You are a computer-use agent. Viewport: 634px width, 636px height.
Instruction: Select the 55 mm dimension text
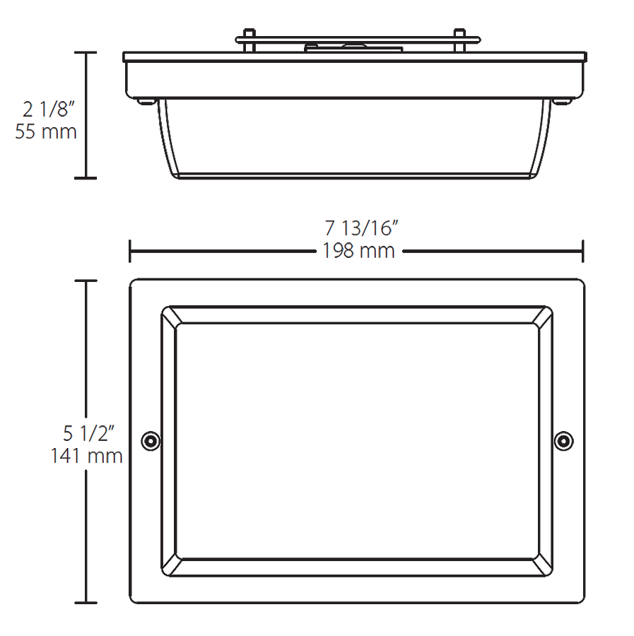[46, 132]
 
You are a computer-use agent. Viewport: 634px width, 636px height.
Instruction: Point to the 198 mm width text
[358, 251]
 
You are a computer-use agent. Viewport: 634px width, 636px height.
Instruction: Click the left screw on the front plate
[149, 441]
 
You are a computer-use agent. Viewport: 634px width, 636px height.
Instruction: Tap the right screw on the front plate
[563, 441]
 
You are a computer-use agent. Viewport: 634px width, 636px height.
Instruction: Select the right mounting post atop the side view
[459, 40]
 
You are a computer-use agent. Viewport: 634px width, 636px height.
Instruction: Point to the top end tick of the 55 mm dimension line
[86, 53]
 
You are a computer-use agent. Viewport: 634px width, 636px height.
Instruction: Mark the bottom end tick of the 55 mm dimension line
[86, 178]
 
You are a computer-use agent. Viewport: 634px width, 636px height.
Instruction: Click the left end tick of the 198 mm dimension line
[130, 251]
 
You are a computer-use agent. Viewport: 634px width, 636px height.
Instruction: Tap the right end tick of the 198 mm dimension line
[582, 251]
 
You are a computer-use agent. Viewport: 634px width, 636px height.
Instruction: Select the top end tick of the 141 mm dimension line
[86, 281]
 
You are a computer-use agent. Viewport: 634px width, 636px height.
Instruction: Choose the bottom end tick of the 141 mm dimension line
[86, 603]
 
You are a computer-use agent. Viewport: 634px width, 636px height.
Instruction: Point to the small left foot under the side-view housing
[146, 101]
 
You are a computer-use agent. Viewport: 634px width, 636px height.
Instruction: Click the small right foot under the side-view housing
[562, 101]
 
